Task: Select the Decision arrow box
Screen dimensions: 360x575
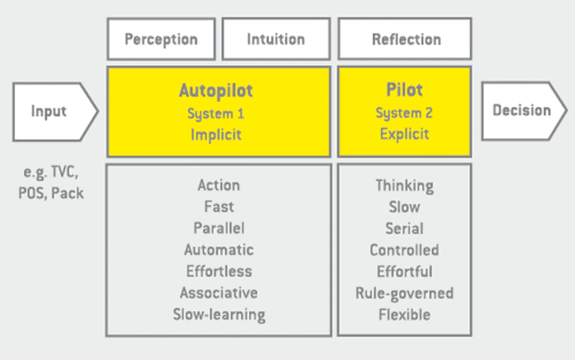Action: (522, 110)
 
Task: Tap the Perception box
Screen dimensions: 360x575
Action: (161, 39)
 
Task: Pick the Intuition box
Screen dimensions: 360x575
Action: (275, 39)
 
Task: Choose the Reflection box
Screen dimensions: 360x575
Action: (406, 39)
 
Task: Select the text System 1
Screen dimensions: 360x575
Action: (218, 113)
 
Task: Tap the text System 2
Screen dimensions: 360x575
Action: (404, 113)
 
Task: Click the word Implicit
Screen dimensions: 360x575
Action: (218, 134)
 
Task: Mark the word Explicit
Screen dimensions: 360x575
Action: (404, 134)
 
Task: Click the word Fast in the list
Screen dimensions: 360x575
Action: (218, 207)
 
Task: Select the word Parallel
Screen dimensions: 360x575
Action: (218, 228)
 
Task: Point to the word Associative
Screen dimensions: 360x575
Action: (218, 293)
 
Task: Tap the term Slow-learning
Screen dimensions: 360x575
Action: (218, 314)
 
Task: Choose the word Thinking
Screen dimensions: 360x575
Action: (404, 186)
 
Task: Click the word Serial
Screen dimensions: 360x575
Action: (404, 228)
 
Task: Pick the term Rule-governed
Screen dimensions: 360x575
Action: (404, 293)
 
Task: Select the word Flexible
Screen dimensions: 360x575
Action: (404, 314)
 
